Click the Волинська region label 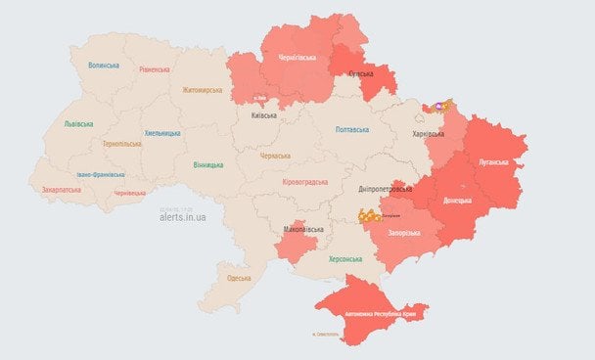click(103, 66)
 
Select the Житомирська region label click(203, 91)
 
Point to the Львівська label click(78, 124)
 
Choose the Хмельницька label click(162, 132)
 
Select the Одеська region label click(239, 278)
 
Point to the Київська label click(263, 115)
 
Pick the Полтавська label click(351, 129)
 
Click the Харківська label click(427, 133)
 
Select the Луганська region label click(492, 159)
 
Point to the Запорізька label click(401, 233)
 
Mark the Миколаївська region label click(302, 229)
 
